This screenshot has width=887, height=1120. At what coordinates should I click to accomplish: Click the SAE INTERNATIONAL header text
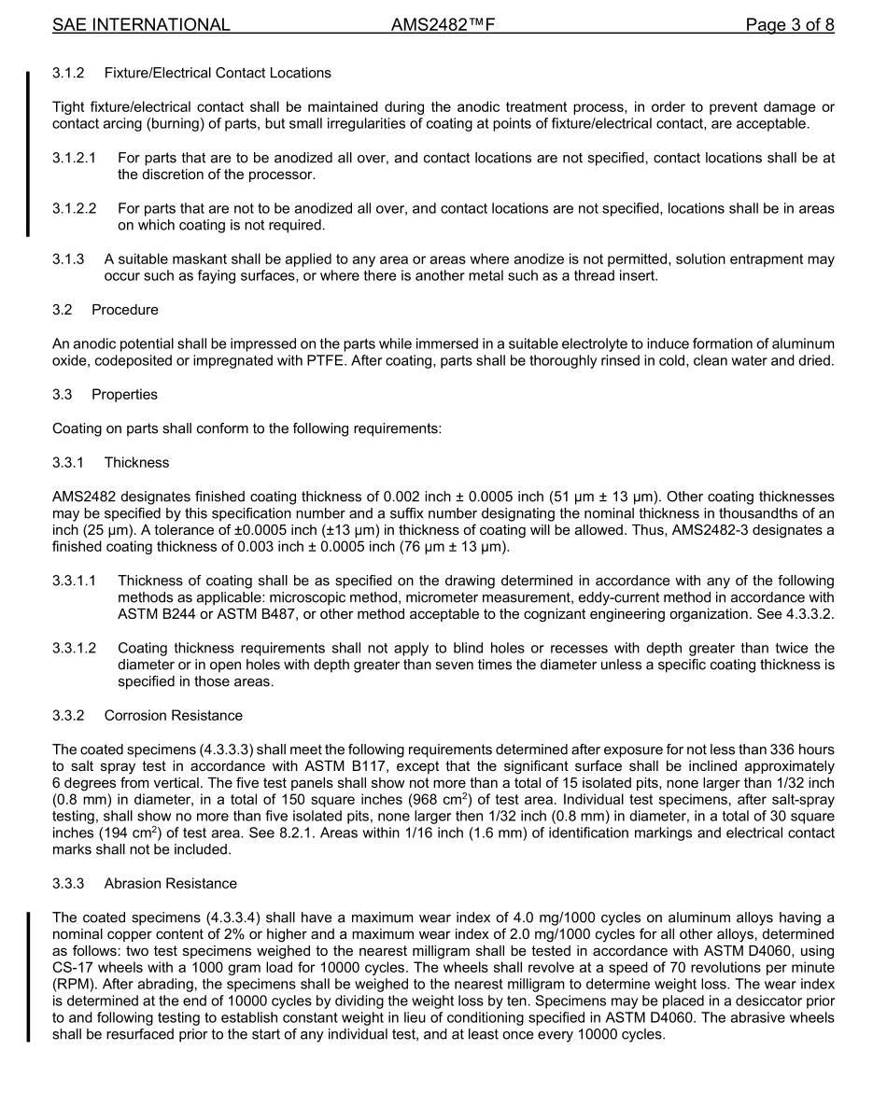coord(141,25)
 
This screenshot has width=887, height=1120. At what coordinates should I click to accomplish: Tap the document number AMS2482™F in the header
coord(443,25)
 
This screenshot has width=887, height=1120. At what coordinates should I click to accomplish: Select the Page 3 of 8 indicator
coord(789,25)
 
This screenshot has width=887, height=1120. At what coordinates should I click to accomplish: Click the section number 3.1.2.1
coord(74,159)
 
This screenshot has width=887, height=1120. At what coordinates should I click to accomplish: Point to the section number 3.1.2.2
coord(74,209)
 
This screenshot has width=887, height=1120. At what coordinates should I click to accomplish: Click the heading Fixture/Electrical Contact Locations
coord(218,73)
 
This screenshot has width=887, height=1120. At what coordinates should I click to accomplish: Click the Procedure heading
coord(124,310)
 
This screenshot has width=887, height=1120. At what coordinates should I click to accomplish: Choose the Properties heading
coord(124,395)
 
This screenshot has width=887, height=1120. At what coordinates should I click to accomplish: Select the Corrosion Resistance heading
coord(173,716)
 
